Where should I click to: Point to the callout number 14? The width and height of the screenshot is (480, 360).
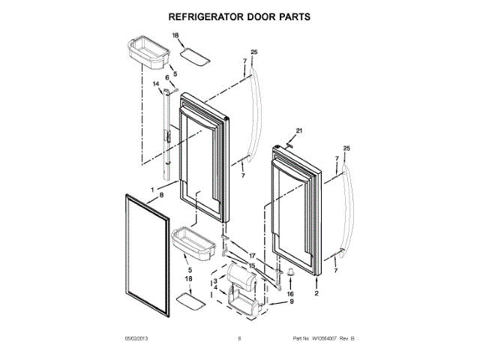point(157,84)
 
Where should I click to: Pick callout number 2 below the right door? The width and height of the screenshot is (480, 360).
point(316,294)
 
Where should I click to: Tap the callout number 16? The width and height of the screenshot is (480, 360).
point(289,294)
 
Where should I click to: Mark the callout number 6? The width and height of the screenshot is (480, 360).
point(168,77)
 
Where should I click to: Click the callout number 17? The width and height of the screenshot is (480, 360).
point(252,256)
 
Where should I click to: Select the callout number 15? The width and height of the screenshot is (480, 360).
point(252,265)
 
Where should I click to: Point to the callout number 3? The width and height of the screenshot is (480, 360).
point(215,280)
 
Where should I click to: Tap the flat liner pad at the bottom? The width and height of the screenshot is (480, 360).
point(189,302)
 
